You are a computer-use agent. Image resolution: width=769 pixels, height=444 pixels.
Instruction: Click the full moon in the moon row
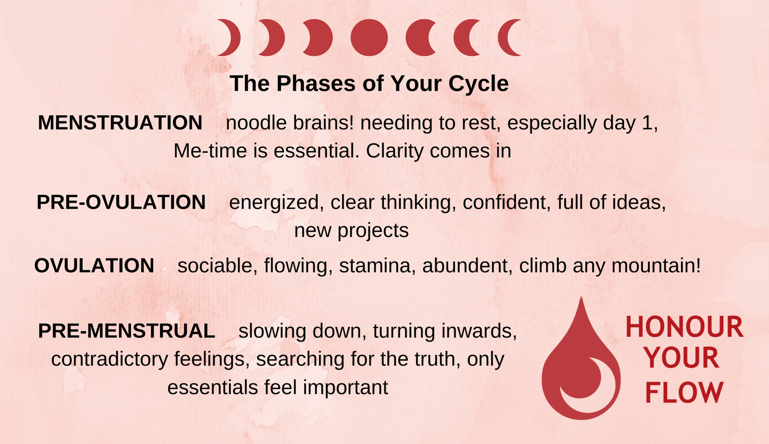pos(369,38)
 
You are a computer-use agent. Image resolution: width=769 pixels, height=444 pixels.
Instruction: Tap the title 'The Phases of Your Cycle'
pos(369,83)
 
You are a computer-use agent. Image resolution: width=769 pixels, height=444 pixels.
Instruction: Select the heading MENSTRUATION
pos(120,123)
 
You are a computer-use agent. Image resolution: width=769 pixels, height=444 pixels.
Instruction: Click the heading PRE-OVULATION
pos(121,202)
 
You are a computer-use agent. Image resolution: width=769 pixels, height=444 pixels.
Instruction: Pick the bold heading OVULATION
pos(94,266)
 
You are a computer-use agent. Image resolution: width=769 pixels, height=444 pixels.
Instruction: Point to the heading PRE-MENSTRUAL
pos(126,331)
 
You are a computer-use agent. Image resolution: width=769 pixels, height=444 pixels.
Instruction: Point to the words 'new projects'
pos(352,231)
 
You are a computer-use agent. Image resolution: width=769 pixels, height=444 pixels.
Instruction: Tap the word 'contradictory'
pos(110,359)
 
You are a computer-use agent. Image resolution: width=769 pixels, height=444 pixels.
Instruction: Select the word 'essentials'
pos(213,388)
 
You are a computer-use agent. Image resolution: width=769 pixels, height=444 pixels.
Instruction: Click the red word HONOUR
pos(684,327)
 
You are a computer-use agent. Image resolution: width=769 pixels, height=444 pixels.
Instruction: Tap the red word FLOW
pos(684,393)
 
